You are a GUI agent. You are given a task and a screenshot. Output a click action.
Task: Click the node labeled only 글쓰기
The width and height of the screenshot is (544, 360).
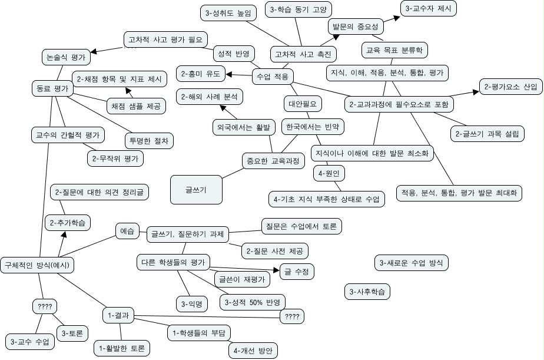coord(195,189)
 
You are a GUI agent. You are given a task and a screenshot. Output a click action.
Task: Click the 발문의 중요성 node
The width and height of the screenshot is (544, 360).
coord(355,27)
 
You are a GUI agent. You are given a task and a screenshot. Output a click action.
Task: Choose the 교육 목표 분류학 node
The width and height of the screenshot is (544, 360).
coord(393,50)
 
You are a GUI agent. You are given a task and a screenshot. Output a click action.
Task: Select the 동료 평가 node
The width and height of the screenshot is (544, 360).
coord(51,88)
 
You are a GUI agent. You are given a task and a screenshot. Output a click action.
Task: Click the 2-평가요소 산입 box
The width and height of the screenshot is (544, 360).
coord(510,87)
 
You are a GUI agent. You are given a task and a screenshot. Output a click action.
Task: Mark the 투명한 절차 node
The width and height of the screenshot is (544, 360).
coord(148,141)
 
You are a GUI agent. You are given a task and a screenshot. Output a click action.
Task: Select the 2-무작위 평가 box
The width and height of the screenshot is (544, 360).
coord(115,158)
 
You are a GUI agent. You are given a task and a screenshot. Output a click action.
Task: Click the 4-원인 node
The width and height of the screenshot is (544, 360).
coord(330,173)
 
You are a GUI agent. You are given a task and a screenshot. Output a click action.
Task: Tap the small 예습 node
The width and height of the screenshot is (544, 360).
coord(127,231)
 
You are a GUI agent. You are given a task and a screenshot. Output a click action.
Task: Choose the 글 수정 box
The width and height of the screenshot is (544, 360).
coord(296,271)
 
